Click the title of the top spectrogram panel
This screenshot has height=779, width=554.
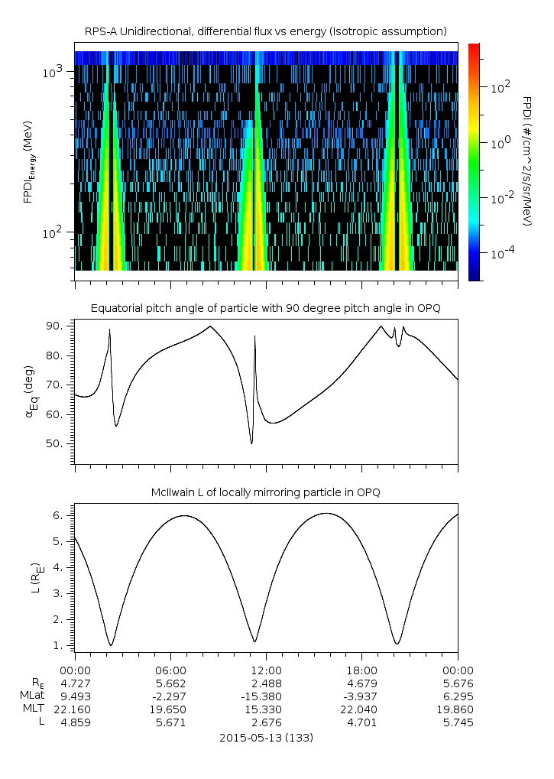265,31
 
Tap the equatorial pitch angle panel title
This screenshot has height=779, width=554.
265,308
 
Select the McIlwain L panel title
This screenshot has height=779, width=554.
265,492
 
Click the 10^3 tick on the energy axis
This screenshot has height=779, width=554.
56,72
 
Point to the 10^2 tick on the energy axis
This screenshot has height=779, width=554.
56,232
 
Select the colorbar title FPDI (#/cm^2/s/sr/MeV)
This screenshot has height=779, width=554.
526,161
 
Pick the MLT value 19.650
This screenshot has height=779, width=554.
170,709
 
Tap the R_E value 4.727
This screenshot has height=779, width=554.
74,683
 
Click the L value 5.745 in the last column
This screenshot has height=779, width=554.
457,722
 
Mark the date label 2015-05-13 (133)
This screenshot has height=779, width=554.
265,738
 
